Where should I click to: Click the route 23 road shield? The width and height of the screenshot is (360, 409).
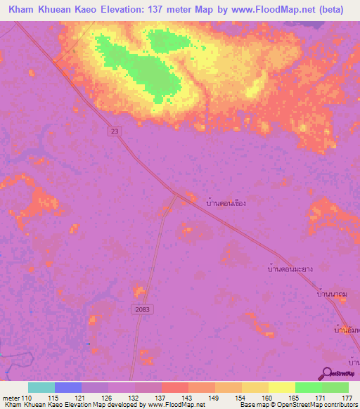pyautogui.click(x=114, y=131)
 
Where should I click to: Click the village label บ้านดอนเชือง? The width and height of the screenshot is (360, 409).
pyautogui.click(x=226, y=202)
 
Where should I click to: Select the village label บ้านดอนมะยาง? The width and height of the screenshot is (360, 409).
pyautogui.click(x=290, y=268)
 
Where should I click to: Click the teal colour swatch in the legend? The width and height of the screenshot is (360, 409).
pyautogui.click(x=41, y=388)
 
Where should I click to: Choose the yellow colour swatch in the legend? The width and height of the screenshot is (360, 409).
pyautogui.click(x=281, y=388)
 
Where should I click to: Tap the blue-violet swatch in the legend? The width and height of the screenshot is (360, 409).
pyautogui.click(x=68, y=388)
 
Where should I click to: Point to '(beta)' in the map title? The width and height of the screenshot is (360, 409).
pyautogui.click(x=338, y=10)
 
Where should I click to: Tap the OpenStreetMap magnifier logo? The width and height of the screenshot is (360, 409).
pyautogui.click(x=328, y=373)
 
